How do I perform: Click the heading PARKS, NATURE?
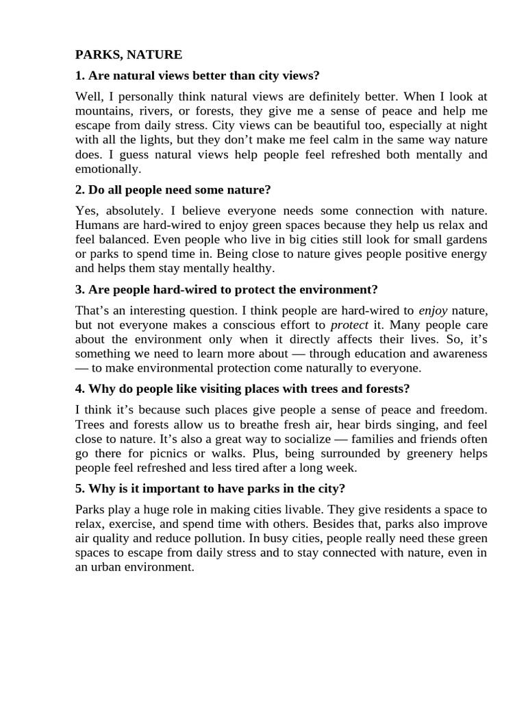point(128,54)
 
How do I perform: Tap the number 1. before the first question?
point(79,75)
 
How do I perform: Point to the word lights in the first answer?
point(147,140)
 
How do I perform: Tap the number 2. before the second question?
point(79,189)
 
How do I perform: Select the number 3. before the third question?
point(79,289)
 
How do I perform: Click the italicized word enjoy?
point(433,311)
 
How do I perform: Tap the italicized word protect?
point(349,326)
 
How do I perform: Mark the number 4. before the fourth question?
point(79,389)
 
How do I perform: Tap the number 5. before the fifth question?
point(79,489)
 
